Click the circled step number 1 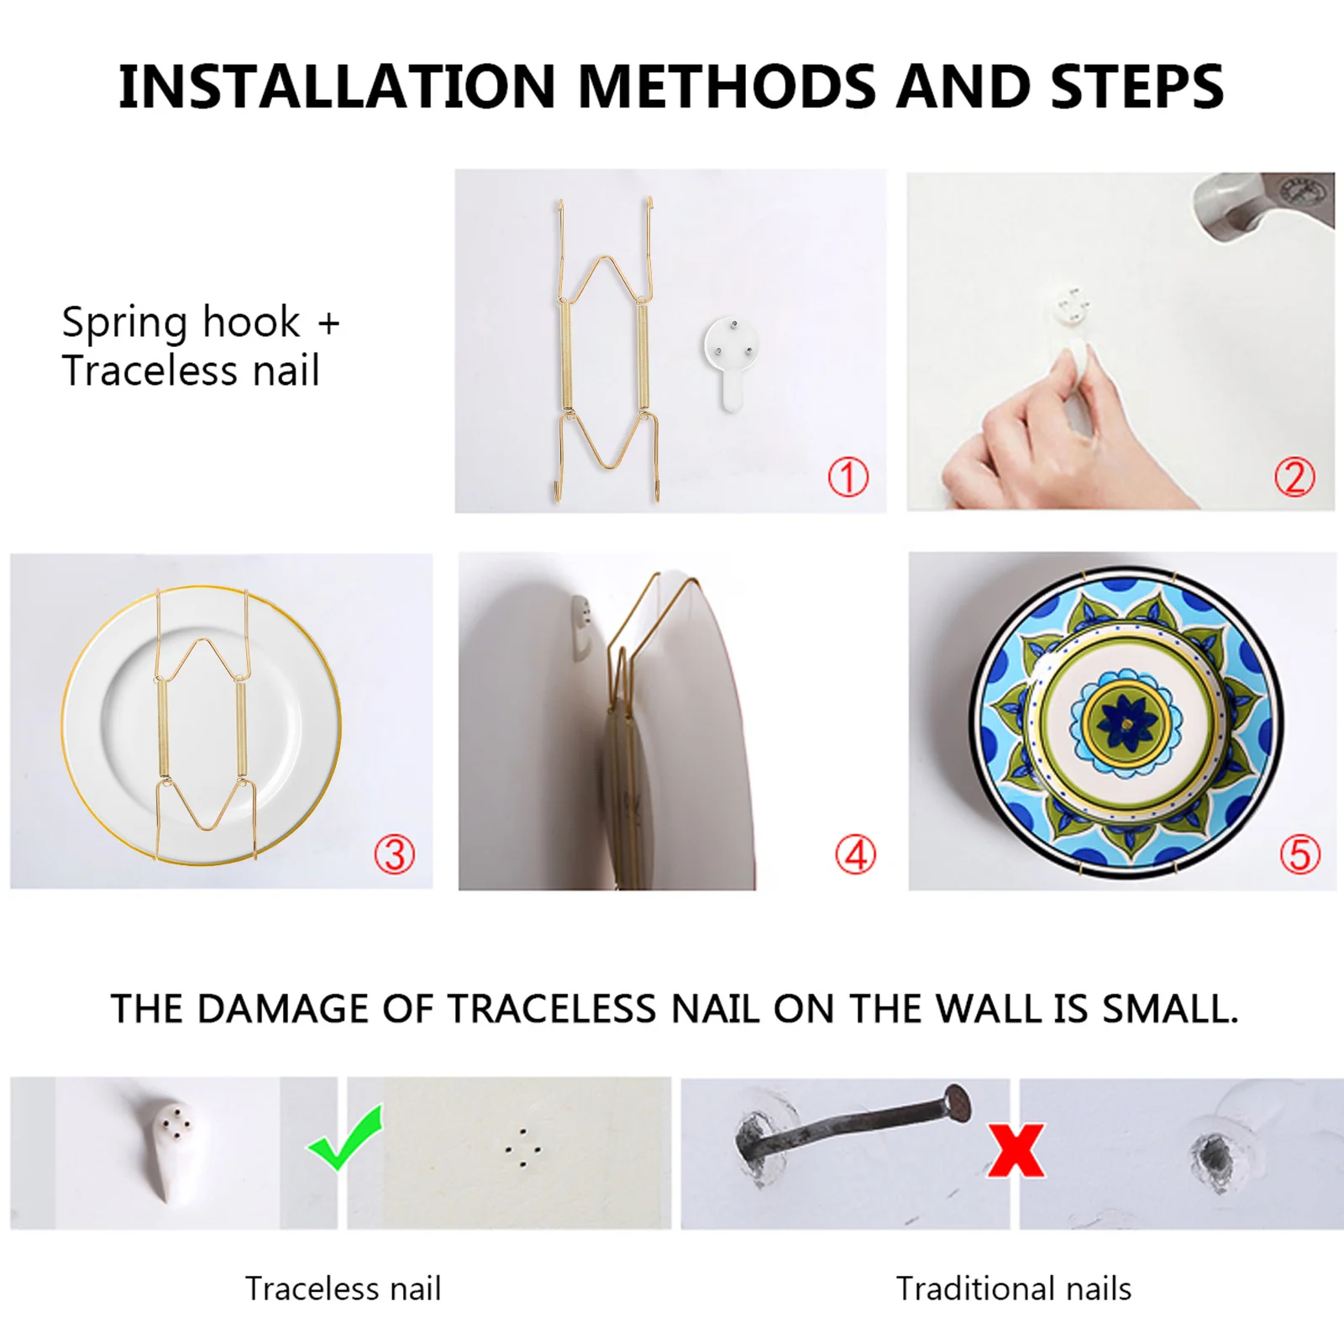click(848, 477)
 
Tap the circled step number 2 click(1294, 477)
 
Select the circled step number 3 click(394, 854)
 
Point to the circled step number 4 click(855, 854)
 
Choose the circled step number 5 click(1299, 854)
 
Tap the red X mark click(1016, 1151)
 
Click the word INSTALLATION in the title click(336, 87)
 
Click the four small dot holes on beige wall click(522, 1148)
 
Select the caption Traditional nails click(1013, 1288)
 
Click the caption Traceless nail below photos click(343, 1288)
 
